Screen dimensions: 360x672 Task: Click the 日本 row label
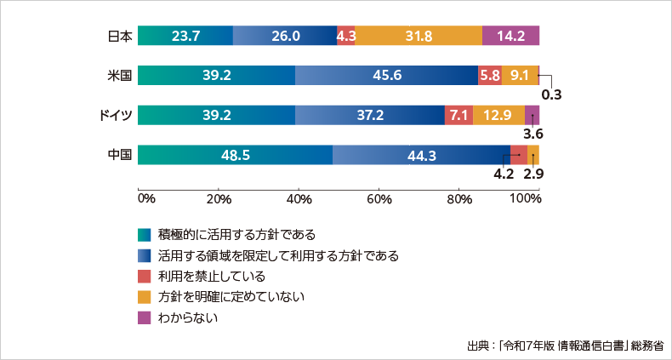click(x=120, y=36)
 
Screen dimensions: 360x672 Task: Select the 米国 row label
click(x=120, y=75)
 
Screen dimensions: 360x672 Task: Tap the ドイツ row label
click(x=117, y=115)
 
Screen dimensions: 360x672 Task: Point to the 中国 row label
click(x=120, y=155)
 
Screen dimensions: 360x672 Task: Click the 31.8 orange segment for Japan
click(x=419, y=36)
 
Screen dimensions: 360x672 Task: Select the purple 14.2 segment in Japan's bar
click(x=510, y=36)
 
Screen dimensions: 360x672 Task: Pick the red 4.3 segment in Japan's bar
click(x=346, y=36)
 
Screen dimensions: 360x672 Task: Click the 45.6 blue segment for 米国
click(x=387, y=75)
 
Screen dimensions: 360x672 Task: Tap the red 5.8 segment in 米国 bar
click(x=490, y=75)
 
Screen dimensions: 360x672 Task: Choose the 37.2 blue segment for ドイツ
click(x=370, y=115)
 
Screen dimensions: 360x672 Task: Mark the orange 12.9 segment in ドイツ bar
click(x=498, y=115)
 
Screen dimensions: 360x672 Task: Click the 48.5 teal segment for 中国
click(x=235, y=155)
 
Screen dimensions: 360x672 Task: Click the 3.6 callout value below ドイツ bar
click(x=533, y=134)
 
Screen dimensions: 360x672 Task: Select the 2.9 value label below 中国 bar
click(x=533, y=174)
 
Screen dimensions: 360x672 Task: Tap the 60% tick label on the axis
click(x=379, y=199)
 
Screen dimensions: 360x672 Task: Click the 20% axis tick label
click(x=219, y=199)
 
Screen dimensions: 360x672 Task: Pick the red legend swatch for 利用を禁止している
click(x=144, y=277)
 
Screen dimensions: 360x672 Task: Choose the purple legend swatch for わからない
click(x=144, y=318)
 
